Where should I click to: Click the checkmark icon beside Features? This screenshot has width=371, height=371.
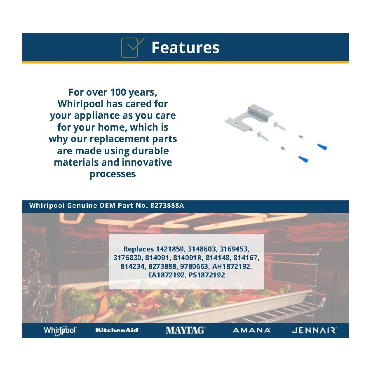tap(132, 47)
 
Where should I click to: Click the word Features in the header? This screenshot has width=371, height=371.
tap(185, 48)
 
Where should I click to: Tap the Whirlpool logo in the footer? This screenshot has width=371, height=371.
tap(60, 330)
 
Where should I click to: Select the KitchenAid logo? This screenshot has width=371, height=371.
tap(117, 330)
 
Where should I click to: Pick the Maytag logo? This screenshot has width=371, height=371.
tap(185, 330)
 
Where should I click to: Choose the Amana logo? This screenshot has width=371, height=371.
tap(251, 330)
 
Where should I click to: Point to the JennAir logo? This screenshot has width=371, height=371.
tap(314, 330)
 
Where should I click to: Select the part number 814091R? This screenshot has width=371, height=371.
tap(188, 258)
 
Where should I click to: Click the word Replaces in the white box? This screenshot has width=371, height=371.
tap(139, 249)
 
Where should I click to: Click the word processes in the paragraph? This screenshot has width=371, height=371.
tap(113, 174)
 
